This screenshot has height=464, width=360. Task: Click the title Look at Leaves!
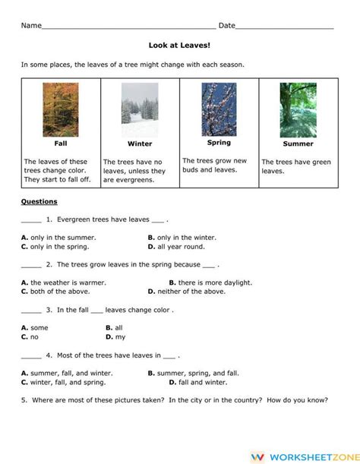179,46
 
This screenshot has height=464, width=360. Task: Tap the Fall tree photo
61,109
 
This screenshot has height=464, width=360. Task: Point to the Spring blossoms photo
219,109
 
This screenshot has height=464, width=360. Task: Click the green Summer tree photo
298,109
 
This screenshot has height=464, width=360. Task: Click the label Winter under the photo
140,144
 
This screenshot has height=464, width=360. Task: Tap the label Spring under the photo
219,143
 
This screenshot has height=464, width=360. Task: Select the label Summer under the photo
298,144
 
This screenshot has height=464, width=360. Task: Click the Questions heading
39,202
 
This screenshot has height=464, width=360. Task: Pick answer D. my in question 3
116,336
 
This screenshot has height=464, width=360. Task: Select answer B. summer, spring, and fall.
194,373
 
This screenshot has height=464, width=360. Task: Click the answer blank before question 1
31,220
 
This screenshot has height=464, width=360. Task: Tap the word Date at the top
227,25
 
